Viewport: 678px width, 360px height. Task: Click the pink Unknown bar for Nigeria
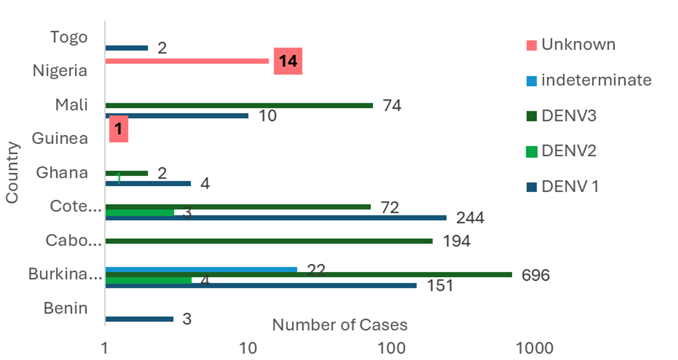[x=187, y=61]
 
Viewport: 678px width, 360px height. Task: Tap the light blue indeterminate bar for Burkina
[x=201, y=270]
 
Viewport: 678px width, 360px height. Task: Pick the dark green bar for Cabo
[x=269, y=241]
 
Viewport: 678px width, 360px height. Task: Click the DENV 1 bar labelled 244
[x=275, y=218]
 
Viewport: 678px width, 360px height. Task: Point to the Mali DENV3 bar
[x=239, y=106]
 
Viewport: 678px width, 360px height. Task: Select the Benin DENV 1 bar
[x=139, y=319]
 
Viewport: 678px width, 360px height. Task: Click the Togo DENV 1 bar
[x=126, y=48]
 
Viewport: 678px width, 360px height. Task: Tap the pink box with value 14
[x=288, y=61]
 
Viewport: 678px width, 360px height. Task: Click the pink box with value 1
[x=119, y=129]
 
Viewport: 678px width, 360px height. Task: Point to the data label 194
[x=456, y=241]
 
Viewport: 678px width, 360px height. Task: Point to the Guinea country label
[x=60, y=138]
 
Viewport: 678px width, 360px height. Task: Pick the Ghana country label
[x=62, y=173]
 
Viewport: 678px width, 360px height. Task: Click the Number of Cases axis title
[x=339, y=325]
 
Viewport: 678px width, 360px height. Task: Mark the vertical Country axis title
[x=12, y=172]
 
